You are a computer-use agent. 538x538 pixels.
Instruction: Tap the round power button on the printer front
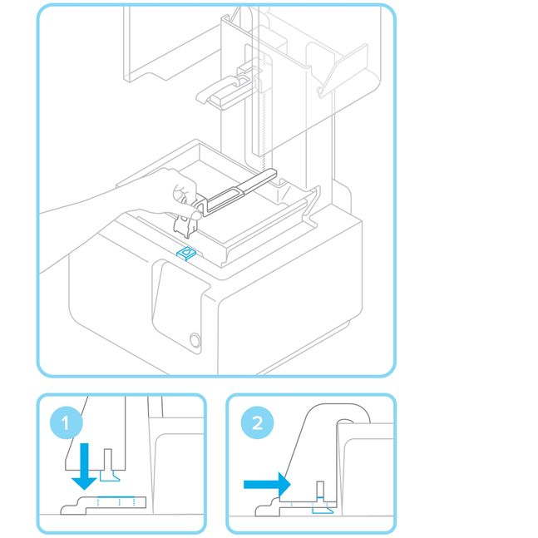(195, 340)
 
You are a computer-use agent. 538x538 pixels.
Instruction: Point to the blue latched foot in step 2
(319, 510)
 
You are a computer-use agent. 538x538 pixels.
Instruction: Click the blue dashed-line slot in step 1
(116, 502)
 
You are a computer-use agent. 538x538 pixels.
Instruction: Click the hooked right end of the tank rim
(311, 200)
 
